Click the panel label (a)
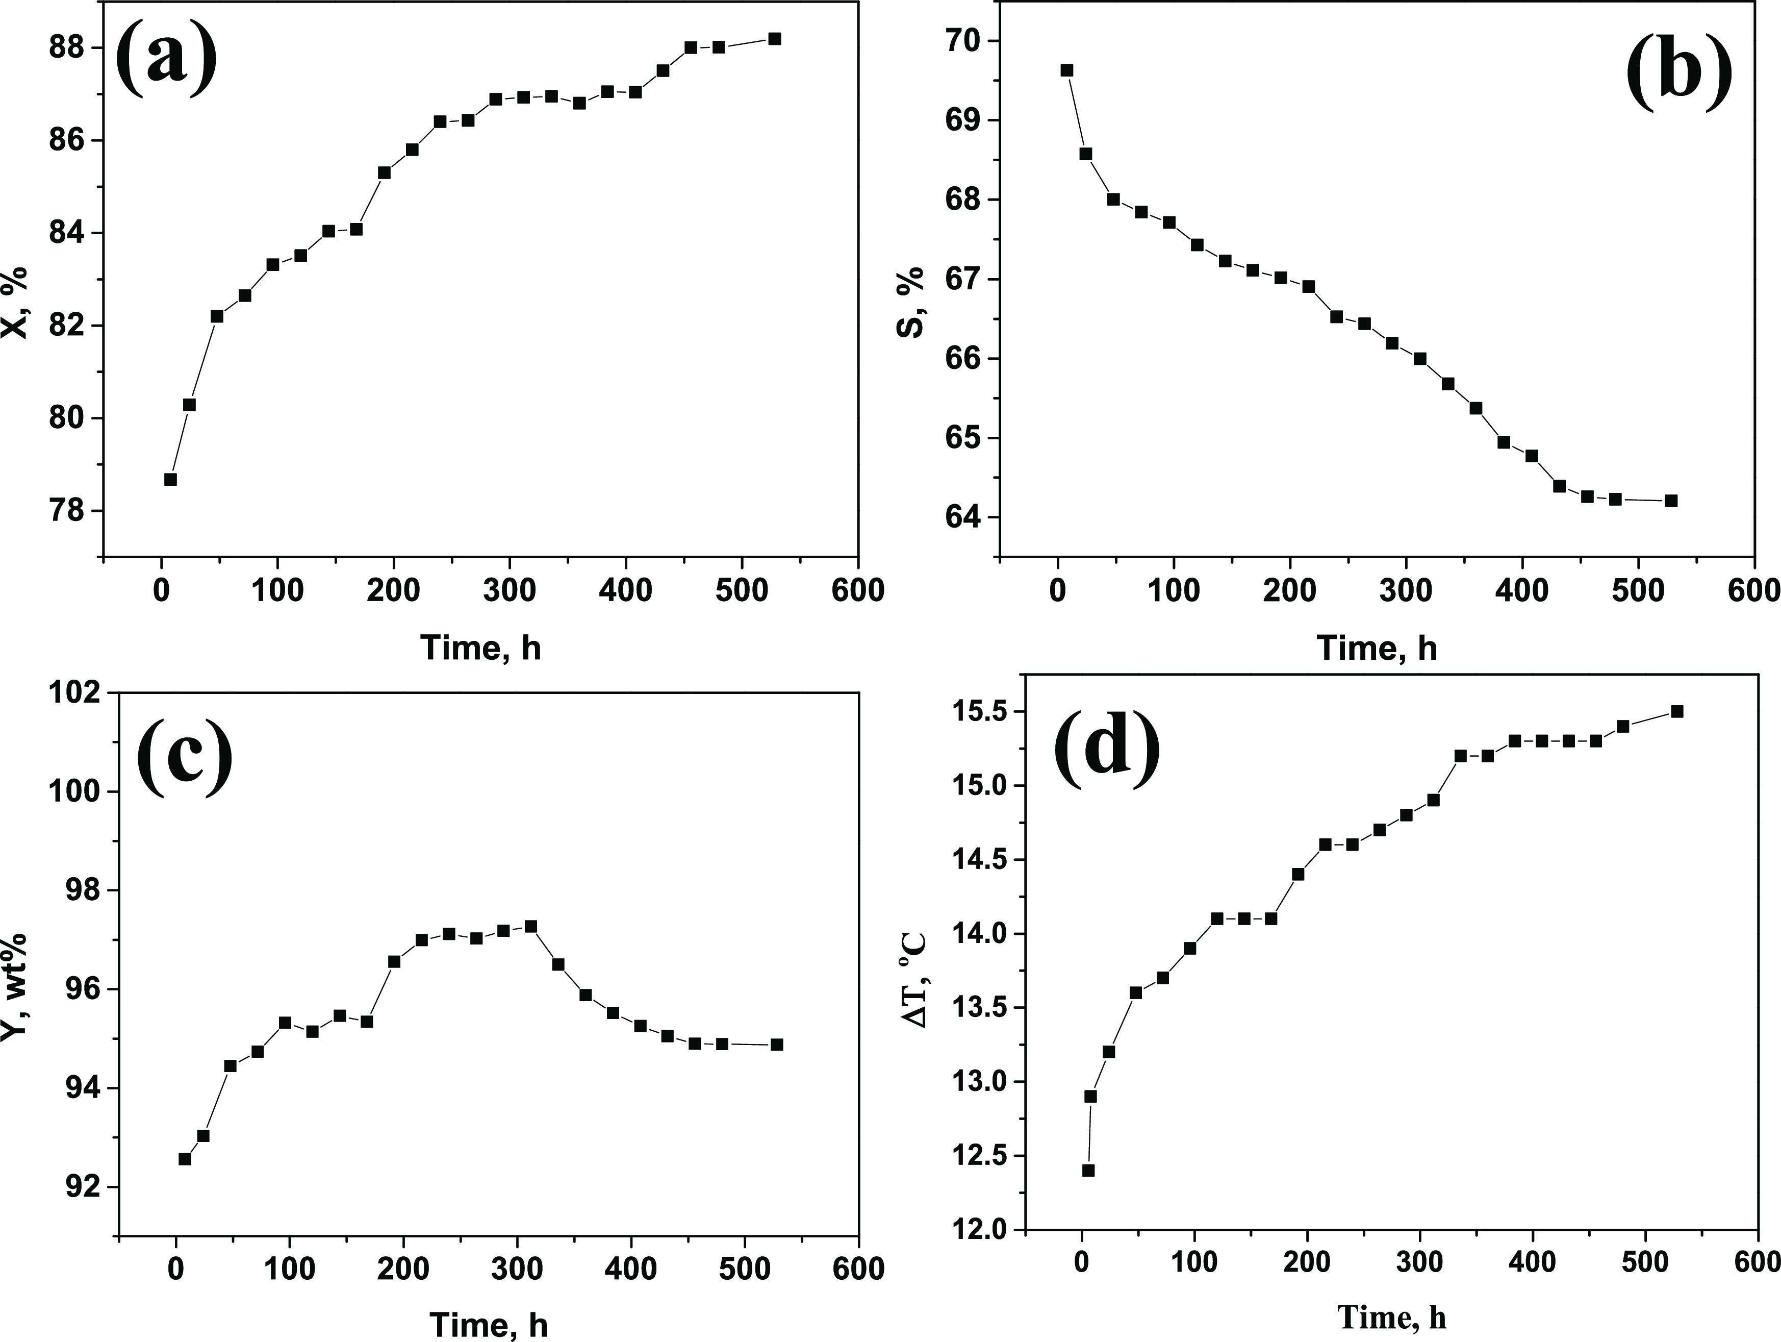167,58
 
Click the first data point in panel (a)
170,479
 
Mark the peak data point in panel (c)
530,926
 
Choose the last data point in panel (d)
1677,711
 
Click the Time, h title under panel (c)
489,1324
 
